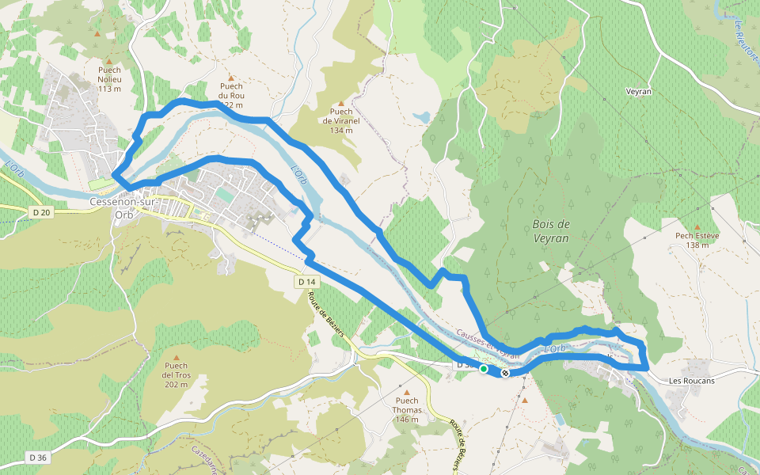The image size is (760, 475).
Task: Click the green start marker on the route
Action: pyautogui.click(x=484, y=368)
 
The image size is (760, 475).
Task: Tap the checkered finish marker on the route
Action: pyautogui.click(x=505, y=373)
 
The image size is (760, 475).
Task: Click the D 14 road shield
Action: pyautogui.click(x=307, y=282)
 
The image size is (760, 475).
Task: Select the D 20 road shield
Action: pyautogui.click(x=40, y=212)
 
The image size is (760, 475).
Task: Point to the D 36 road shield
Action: pyautogui.click(x=37, y=458)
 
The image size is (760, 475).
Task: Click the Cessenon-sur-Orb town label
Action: pyautogui.click(x=123, y=207)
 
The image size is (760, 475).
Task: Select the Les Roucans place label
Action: pyautogui.click(x=691, y=381)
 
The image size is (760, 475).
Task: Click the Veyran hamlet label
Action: pyautogui.click(x=638, y=92)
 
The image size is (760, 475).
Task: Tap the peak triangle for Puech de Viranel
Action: pyautogui.click(x=341, y=103)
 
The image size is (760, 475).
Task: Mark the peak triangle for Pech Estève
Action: pyautogui.click(x=697, y=226)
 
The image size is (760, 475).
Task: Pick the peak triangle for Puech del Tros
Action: pyautogui.click(x=176, y=357)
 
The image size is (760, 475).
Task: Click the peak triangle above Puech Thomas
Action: pyautogui.click(x=407, y=392)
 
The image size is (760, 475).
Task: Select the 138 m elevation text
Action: pyautogui.click(x=697, y=245)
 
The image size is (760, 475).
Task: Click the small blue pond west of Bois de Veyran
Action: pyautogui.click(x=421, y=117)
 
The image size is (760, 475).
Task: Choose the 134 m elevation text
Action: pyautogui.click(x=341, y=131)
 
